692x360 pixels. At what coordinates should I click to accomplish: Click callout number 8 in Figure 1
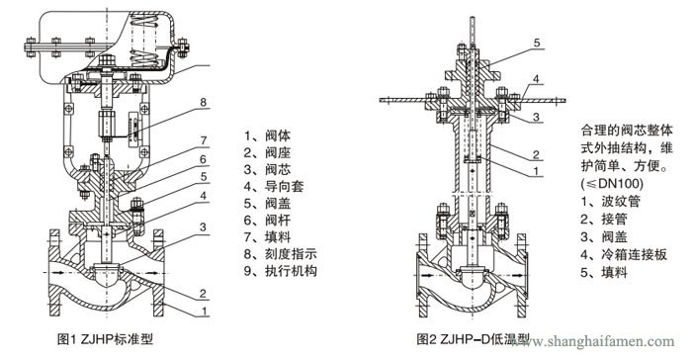tap(203, 102)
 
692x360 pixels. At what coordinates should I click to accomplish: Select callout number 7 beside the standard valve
tap(203, 140)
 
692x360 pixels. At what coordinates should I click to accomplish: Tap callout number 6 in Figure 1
tap(203, 158)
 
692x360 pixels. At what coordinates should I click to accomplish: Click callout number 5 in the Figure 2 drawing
tap(536, 43)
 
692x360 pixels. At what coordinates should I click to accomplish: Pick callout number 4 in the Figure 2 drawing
tap(536, 79)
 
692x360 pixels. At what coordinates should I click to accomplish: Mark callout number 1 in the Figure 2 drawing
tap(536, 170)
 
